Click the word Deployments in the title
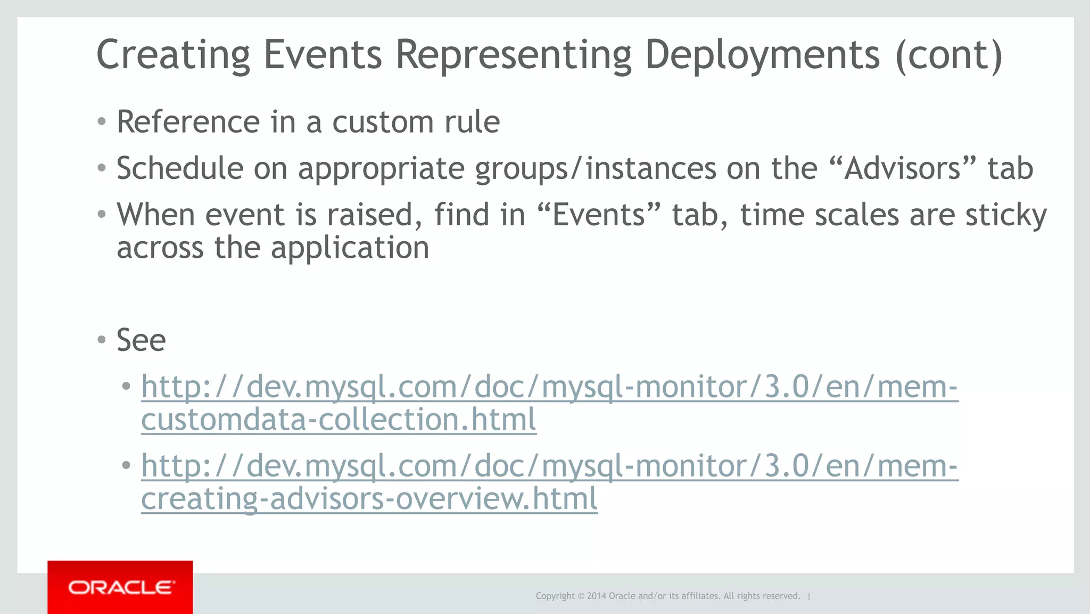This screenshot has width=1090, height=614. click(x=762, y=55)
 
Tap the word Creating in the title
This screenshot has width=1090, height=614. click(x=173, y=55)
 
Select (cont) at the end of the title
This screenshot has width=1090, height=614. click(x=949, y=55)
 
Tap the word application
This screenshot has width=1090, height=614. click(x=349, y=248)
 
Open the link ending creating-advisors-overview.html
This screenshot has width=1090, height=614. click(x=369, y=499)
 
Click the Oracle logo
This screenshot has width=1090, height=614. click(x=120, y=587)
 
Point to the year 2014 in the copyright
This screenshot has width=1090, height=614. click(x=596, y=596)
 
